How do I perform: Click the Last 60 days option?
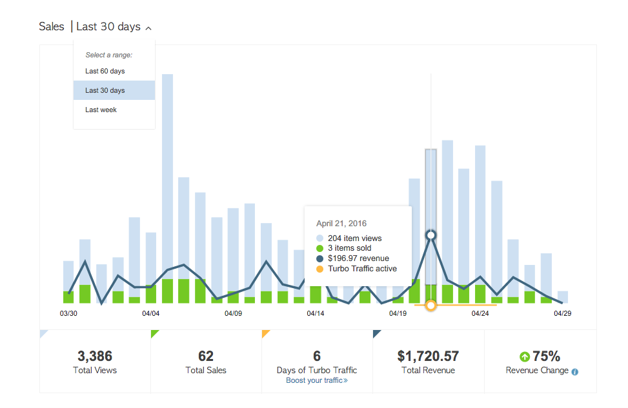click(x=105, y=71)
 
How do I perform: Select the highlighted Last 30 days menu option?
click(x=105, y=90)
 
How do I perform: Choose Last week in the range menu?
click(x=101, y=110)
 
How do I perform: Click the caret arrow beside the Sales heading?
click(x=148, y=28)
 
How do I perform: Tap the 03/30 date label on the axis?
click(x=68, y=313)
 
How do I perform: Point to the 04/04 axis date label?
click(x=150, y=313)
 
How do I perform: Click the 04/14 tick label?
click(x=316, y=313)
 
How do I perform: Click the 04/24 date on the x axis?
click(x=480, y=313)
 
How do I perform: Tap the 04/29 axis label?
click(x=562, y=313)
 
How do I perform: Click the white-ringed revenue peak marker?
click(x=431, y=235)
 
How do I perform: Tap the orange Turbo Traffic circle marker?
click(x=431, y=305)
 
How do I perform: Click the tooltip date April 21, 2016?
click(x=341, y=224)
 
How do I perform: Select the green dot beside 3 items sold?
click(x=319, y=248)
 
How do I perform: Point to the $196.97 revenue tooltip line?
click(x=358, y=258)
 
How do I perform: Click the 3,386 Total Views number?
click(x=95, y=356)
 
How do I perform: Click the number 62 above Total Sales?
click(x=206, y=356)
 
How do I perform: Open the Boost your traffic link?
click(x=317, y=380)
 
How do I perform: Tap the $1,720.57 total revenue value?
click(x=428, y=356)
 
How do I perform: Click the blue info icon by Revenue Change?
click(x=575, y=371)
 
